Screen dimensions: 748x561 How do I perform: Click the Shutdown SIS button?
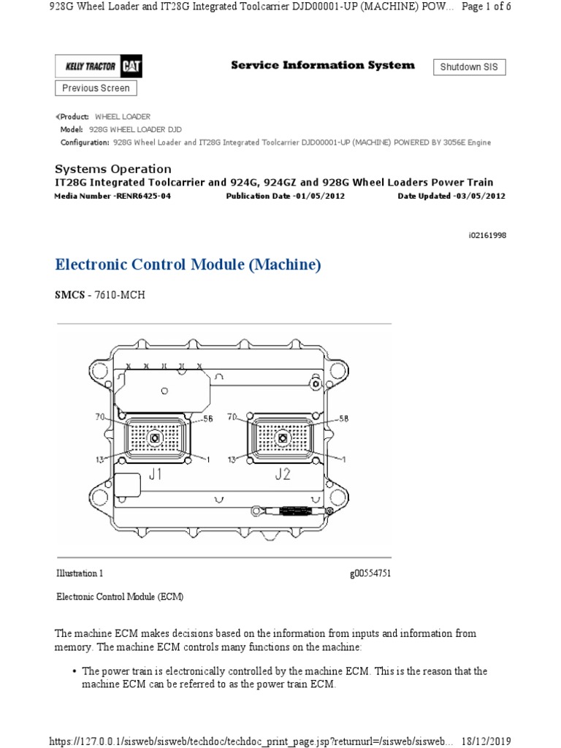click(x=470, y=67)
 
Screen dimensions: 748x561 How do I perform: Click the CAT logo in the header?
click(x=132, y=67)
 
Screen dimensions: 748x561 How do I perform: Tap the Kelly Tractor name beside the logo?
click(x=90, y=67)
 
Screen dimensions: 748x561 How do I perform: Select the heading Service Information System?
click(x=322, y=66)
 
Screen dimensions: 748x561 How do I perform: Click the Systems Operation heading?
click(x=113, y=169)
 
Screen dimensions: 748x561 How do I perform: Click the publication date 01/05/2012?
click(x=315, y=196)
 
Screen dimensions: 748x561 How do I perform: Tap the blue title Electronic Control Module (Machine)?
click(x=188, y=265)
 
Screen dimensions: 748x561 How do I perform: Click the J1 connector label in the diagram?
click(x=156, y=474)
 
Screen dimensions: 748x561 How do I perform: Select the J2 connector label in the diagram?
click(x=283, y=474)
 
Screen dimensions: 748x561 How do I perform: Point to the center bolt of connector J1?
click(x=156, y=438)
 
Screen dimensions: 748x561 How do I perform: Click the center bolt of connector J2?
click(x=283, y=438)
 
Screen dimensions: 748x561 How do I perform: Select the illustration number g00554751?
click(x=370, y=573)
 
